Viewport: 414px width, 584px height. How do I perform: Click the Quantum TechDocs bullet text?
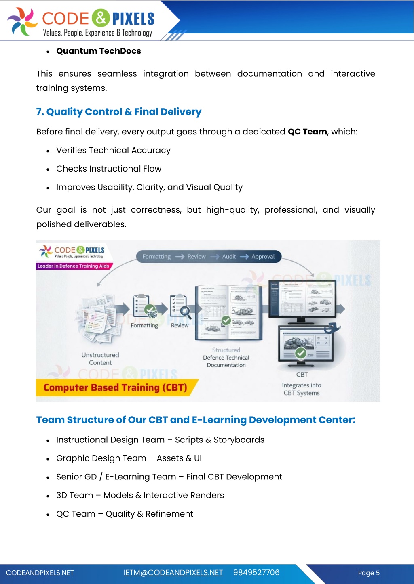(x=99, y=51)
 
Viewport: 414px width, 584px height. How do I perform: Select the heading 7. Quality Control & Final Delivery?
(x=118, y=112)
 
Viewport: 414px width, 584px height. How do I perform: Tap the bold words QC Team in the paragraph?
(x=307, y=132)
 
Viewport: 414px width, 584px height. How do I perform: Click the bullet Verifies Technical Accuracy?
(x=113, y=151)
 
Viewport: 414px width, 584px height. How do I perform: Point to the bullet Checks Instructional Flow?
(x=109, y=169)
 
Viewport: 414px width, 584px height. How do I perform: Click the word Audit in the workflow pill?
(x=229, y=257)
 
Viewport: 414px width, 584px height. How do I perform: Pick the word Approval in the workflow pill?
(x=263, y=257)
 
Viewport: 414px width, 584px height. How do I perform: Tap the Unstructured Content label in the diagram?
(x=100, y=359)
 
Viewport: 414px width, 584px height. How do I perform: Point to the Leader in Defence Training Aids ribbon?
(x=73, y=266)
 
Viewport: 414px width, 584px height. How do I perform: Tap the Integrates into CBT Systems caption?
(x=302, y=389)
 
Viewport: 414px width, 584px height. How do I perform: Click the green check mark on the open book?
(x=226, y=320)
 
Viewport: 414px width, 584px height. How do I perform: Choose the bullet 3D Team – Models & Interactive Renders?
(x=140, y=496)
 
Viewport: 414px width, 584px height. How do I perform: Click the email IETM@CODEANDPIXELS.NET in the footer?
(x=173, y=573)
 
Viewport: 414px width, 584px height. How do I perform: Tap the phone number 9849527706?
(x=256, y=573)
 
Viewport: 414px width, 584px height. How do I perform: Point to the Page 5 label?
(x=369, y=573)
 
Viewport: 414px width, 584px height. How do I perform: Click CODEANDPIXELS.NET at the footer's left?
(x=40, y=573)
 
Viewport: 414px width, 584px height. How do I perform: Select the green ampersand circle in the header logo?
(x=101, y=18)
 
